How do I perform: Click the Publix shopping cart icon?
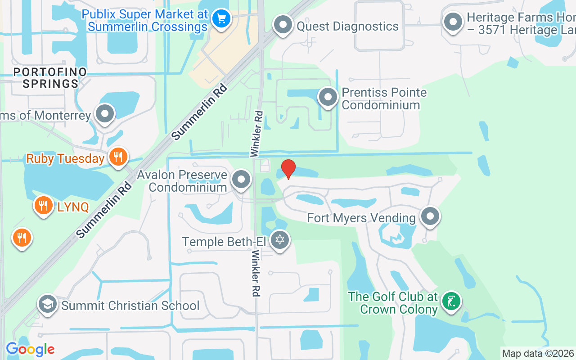pos(221,19)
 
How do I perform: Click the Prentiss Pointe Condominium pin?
pos(328,97)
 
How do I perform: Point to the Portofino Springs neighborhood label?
pos(50,78)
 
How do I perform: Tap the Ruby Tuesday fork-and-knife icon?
pos(118,157)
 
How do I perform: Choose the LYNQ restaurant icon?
pos(43,206)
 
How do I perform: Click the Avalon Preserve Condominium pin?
pos(242,180)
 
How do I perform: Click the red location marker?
pos(288,169)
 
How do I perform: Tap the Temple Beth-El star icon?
pos(280,240)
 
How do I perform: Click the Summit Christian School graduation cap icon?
pos(47,304)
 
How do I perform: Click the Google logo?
pos(30,349)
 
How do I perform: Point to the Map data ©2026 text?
pos(538,353)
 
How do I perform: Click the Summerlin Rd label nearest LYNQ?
pos(104,210)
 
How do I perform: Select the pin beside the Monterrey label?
pos(105,114)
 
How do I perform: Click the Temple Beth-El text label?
pos(224,242)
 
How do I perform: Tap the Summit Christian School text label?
pos(130,306)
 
